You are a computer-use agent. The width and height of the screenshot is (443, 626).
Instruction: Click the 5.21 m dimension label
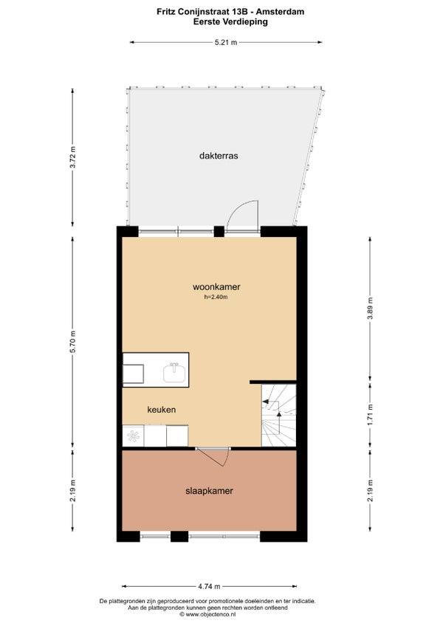pos(226,42)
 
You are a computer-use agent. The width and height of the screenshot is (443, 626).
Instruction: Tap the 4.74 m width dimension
pos(209,586)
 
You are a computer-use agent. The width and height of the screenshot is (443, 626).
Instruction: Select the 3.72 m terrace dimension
pos(72,157)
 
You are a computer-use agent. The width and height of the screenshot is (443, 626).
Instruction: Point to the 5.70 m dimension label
pos(72,342)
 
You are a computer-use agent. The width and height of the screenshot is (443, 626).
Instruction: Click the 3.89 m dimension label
pos(371,309)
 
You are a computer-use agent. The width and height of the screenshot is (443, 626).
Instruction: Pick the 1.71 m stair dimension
pos(371,415)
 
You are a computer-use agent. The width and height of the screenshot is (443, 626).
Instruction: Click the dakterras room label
pos(219,156)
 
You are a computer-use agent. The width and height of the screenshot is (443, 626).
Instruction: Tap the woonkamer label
pos(216,286)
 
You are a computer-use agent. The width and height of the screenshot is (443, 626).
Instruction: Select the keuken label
pos(162,410)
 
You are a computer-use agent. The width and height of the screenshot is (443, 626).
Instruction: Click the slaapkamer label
pos(209,491)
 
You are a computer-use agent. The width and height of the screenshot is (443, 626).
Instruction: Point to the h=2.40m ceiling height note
pos(216,297)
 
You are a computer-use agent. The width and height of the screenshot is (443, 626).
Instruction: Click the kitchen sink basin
pos(174,373)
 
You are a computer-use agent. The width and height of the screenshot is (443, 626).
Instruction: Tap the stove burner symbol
pos(133,436)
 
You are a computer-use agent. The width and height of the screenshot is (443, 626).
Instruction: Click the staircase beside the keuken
pos(278,415)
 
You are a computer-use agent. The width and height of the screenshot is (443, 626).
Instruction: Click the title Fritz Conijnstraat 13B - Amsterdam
pos(230,12)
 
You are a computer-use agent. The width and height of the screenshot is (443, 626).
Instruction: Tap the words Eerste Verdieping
pos(230,22)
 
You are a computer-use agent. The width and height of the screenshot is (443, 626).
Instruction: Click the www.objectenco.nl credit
pos(207,614)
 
